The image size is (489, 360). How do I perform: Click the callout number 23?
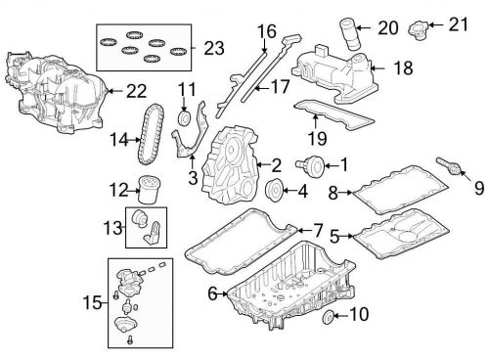213,46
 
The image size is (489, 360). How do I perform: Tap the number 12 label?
117,190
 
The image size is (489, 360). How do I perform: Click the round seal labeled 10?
331,315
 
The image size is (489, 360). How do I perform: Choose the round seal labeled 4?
275,190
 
